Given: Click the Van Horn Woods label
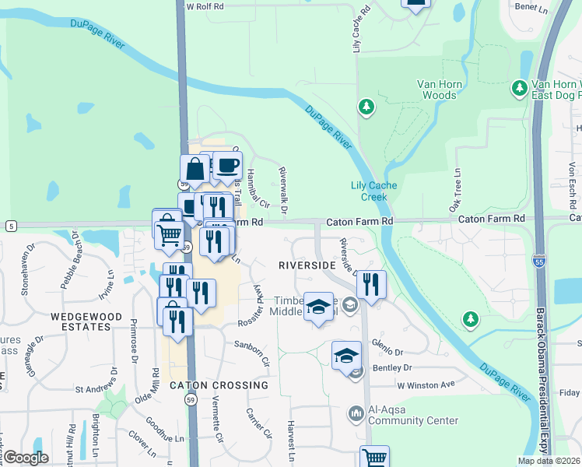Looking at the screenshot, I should [436, 90].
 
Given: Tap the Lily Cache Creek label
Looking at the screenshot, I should [373, 191].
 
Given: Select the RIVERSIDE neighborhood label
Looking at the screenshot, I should [307, 265].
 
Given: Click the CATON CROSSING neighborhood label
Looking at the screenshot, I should [219, 385].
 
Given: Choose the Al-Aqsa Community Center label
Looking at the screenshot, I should [412, 415].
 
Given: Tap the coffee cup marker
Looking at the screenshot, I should [227, 166].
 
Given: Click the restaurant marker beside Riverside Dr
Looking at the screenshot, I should [372, 285].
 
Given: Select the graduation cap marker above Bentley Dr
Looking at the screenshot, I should [346, 356].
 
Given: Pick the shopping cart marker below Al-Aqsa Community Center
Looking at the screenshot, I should [374, 458].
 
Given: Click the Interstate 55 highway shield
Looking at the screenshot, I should [539, 263].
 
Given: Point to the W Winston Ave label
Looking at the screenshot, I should [426, 384].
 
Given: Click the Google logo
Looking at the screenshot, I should [26, 457].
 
